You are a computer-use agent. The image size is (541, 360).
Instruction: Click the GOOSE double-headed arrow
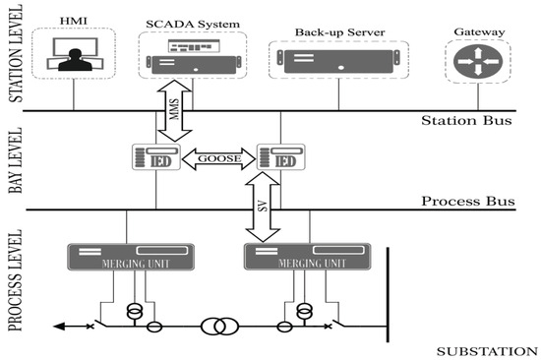[214, 155]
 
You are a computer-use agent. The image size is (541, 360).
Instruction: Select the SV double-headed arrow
[261, 208]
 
